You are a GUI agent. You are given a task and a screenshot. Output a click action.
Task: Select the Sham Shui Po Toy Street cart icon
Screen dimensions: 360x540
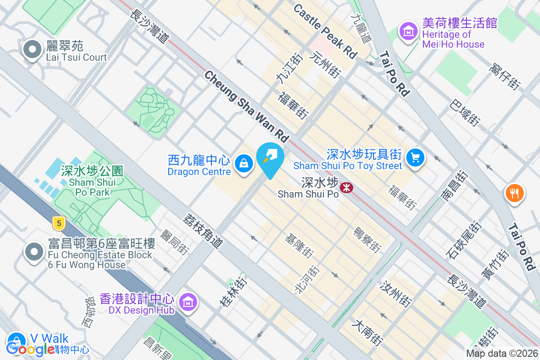pyautogui.click(x=415, y=157)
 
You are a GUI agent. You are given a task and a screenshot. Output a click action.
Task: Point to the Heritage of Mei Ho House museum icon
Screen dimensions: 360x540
pyautogui.click(x=408, y=31)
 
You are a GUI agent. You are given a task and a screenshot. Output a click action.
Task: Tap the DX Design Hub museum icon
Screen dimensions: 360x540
pyautogui.click(x=186, y=301)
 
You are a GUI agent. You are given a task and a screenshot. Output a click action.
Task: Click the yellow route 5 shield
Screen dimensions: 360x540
pyautogui.click(x=57, y=222)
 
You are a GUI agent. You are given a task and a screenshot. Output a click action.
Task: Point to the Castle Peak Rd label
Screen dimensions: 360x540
pyautogui.click(x=324, y=31)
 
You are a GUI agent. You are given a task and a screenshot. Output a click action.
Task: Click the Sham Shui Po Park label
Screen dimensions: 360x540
pyautogui.click(x=92, y=182)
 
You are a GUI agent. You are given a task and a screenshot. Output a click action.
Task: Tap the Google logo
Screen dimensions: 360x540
pyautogui.click(x=31, y=349)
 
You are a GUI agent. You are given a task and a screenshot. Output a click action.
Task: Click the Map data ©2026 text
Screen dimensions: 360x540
pyautogui.click(x=502, y=354)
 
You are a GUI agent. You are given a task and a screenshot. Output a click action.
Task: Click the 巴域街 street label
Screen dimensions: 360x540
pyautogui.click(x=465, y=112)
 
